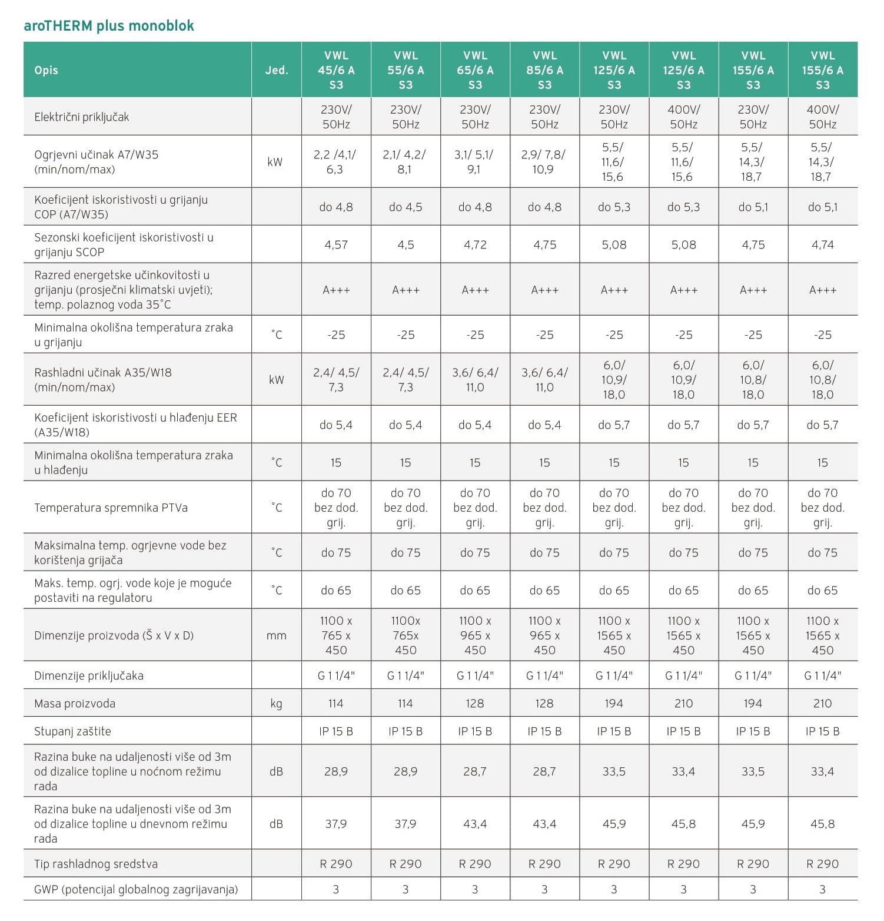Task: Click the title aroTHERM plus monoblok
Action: tap(109, 26)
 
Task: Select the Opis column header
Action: tap(46, 70)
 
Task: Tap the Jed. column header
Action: tap(276, 70)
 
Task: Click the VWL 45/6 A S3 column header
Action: tap(336, 70)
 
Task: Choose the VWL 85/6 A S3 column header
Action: tap(544, 70)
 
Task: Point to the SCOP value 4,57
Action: tap(336, 244)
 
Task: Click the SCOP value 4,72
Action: tap(475, 244)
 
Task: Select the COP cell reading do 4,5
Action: tap(406, 207)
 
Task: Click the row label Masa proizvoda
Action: tap(75, 703)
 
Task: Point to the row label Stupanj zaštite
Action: tap(72, 731)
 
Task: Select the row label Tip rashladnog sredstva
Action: tap(96, 864)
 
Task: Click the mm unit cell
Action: tap(276, 635)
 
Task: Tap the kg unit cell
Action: tap(276, 703)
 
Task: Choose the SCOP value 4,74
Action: tap(822, 244)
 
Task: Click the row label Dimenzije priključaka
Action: tap(89, 675)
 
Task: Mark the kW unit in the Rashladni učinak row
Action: tap(276, 380)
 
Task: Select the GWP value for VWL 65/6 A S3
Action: tap(475, 889)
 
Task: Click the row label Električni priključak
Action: tap(81, 117)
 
